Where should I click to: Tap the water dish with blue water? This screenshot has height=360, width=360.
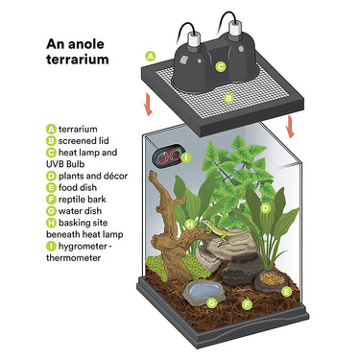204,292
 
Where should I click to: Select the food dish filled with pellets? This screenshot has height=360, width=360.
272,281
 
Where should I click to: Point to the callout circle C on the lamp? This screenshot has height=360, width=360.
221,67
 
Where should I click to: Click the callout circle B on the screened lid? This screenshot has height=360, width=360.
228,99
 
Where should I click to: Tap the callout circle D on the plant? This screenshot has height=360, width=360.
265,208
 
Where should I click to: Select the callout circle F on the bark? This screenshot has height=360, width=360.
247,304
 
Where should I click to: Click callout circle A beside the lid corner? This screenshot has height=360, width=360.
151,56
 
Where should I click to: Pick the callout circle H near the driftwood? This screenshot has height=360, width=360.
190,224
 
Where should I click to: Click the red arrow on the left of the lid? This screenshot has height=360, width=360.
148,105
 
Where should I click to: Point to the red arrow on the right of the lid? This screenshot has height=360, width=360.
291,127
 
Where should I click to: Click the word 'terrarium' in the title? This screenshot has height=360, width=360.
77,60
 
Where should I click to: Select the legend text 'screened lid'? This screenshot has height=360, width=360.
84,141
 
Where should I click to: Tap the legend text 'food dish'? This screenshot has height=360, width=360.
78,187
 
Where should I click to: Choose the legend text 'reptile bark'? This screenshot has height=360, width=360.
83,200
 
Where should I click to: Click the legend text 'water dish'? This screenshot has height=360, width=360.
80,211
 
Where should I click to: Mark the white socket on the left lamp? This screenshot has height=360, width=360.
193,39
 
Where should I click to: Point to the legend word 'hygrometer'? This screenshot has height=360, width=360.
83,247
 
